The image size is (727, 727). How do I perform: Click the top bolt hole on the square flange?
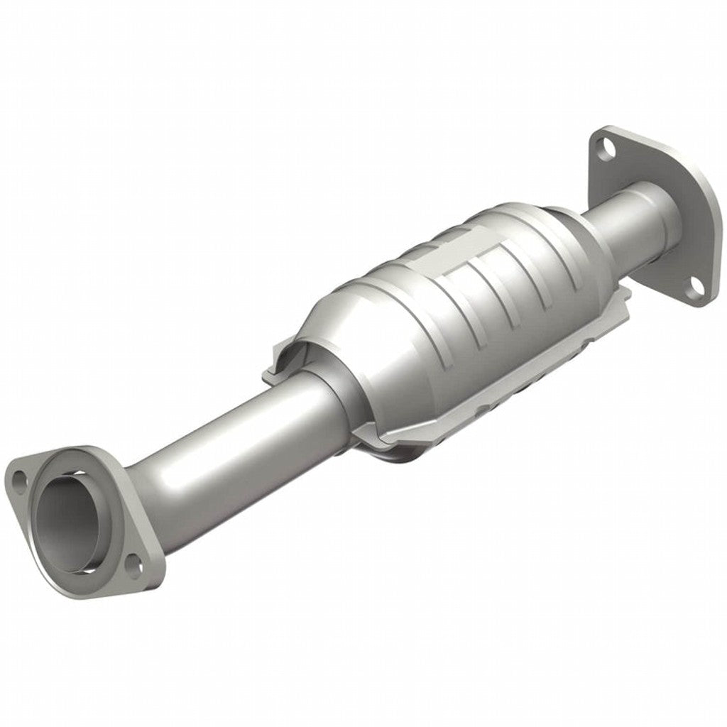pyautogui.click(x=603, y=148)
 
